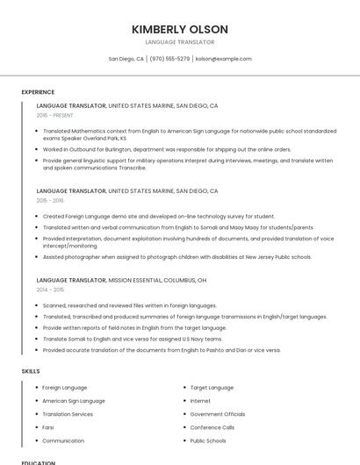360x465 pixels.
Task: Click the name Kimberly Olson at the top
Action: click(180, 29)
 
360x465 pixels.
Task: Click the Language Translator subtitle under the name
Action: click(180, 41)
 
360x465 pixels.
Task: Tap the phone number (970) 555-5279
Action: click(169, 59)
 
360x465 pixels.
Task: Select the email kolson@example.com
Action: click(224, 59)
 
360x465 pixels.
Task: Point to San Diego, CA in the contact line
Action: click(126, 59)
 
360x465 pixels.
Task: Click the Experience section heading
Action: click(38, 92)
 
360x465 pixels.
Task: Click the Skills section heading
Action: click(31, 371)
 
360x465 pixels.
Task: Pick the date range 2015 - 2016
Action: click(50, 200)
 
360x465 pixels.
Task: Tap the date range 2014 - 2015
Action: click(50, 289)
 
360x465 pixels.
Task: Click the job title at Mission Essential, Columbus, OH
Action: click(71, 280)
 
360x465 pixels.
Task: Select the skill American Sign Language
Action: click(74, 400)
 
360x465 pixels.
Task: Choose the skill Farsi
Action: click(48, 427)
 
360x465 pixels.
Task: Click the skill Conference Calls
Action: click(212, 427)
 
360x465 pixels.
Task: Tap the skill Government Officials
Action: click(218, 414)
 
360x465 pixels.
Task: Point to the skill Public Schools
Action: click(208, 440)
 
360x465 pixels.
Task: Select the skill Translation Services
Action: click(68, 414)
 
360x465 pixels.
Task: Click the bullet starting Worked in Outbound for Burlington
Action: click(167, 149)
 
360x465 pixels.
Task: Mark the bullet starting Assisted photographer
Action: click(176, 257)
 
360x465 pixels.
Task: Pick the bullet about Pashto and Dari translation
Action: click(162, 349)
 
